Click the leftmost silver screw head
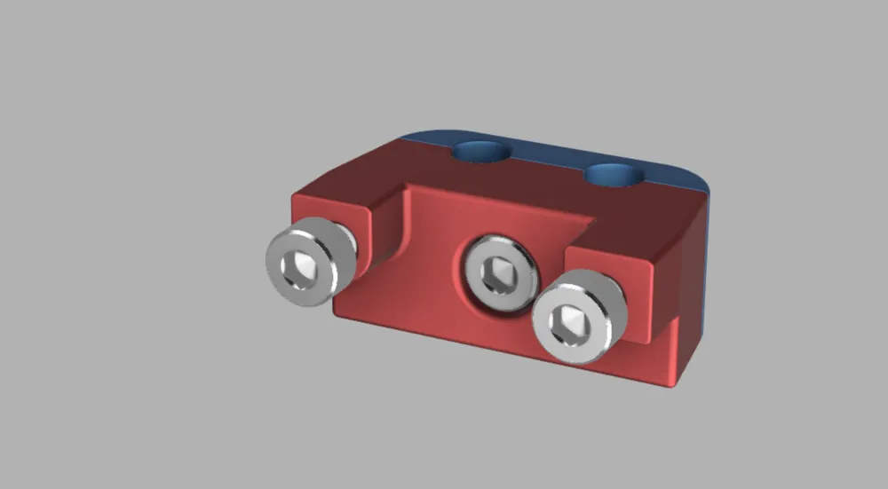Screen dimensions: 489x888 tap(304, 263)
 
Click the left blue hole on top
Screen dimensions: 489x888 tap(480, 151)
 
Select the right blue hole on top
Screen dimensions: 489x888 tap(614, 174)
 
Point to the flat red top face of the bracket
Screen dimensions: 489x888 tap(533, 186)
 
